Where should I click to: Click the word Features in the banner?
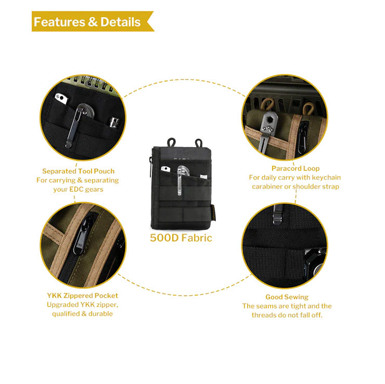(x=59, y=22)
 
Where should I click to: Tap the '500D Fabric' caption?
(x=181, y=238)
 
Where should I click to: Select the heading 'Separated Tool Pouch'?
(x=79, y=171)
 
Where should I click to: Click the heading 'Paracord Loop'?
(x=296, y=168)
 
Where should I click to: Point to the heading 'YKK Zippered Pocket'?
(x=83, y=296)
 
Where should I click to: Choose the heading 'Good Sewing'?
(x=287, y=297)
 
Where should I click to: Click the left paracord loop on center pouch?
(x=171, y=142)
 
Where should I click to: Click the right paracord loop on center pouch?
(x=198, y=143)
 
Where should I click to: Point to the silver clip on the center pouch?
(x=179, y=181)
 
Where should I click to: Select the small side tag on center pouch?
(x=213, y=212)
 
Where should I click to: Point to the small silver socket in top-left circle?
(x=114, y=122)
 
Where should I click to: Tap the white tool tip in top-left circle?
(x=61, y=99)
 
